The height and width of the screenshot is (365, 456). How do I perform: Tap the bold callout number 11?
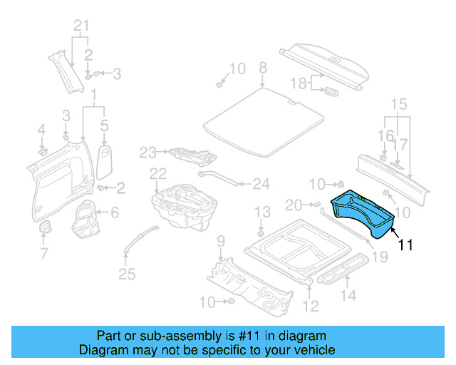tap(405, 245)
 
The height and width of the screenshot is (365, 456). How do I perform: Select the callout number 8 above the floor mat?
tap(262, 68)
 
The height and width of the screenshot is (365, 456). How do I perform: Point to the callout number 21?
tap(82, 28)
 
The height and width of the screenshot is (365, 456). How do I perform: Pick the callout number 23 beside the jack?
tap(147, 152)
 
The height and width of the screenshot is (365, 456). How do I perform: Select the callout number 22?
tap(157, 173)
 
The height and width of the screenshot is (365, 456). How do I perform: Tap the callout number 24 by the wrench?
tap(261, 184)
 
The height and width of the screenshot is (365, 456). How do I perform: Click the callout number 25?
tap(127, 275)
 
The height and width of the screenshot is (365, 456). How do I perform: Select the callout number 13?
tap(263, 211)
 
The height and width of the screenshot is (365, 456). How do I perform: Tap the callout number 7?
tap(43, 253)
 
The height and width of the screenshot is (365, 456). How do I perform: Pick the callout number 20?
tap(294, 205)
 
